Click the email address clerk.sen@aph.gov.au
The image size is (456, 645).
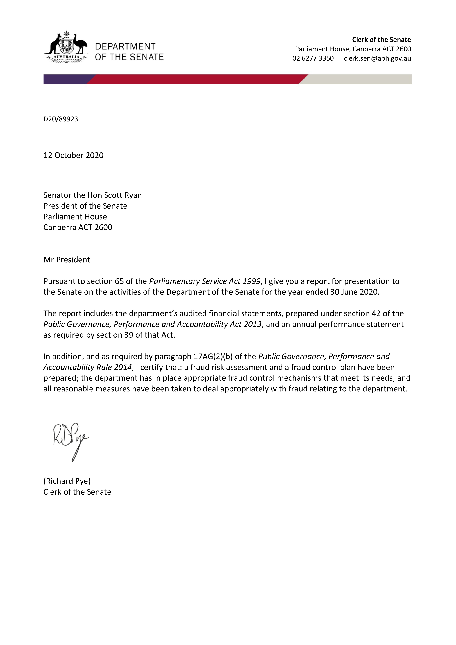point(377,58)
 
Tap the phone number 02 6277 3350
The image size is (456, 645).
point(313,58)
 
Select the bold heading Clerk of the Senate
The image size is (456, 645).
point(381,40)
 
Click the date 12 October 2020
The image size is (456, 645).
point(73,155)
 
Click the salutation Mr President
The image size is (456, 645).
point(67,260)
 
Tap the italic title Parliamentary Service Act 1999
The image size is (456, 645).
point(205,281)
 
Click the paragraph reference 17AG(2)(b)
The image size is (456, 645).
point(213,357)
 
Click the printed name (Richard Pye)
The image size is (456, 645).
point(67,481)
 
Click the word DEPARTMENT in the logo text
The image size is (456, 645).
point(125,46)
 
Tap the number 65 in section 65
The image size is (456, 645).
point(119,281)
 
